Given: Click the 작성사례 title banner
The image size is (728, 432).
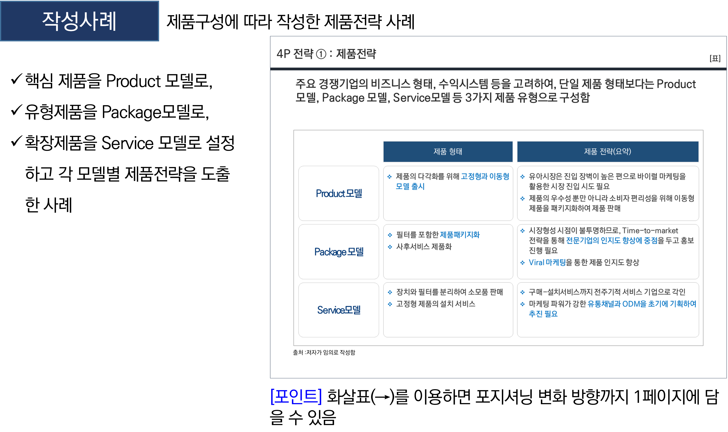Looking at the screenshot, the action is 79,21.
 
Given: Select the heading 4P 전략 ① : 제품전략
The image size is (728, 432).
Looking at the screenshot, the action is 326,54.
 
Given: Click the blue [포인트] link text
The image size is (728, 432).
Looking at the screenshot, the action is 296,396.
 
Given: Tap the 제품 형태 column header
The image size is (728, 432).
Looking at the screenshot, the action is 448,152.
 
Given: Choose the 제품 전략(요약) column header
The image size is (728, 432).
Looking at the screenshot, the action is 608,152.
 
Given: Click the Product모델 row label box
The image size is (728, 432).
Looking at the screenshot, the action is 338,193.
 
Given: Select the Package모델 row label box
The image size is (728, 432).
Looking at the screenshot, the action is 338,252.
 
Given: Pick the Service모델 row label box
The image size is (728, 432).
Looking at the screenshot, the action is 338,310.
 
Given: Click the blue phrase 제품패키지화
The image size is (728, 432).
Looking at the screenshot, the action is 459,235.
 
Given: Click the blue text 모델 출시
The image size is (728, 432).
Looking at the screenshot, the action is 410,186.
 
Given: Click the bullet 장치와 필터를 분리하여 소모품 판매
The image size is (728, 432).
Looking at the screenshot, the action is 449,292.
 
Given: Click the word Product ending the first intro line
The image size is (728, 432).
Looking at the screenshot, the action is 676,84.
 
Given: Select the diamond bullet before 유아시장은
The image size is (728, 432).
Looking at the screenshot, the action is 522,177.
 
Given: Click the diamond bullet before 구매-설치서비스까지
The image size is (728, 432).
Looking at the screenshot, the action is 522,292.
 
